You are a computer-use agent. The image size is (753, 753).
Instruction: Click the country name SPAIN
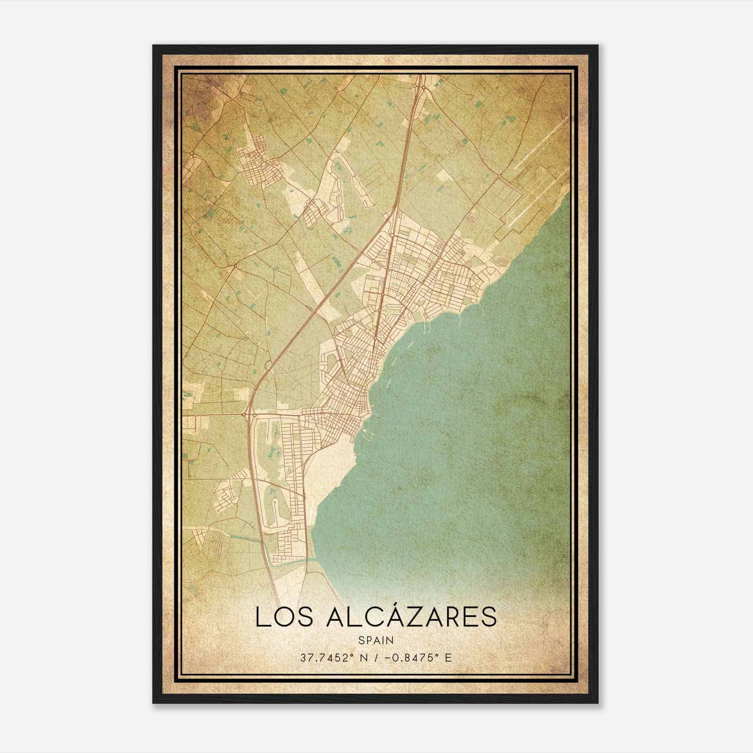point(376,640)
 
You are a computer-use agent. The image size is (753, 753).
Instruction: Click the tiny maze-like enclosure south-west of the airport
point(471,219)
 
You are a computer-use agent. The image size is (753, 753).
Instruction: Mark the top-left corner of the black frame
point(154,46)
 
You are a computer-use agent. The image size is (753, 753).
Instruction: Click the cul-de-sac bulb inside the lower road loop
point(274,504)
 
